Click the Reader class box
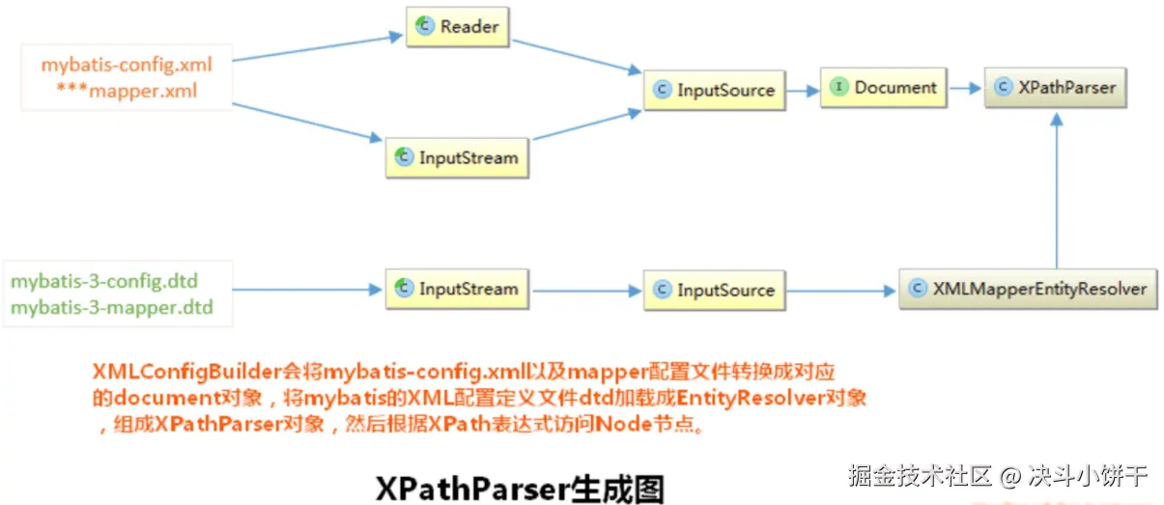pos(457,26)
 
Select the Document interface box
pos(884,88)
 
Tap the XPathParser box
pos(1055,88)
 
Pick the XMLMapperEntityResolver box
pos(1028,289)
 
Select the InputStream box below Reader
pos(457,157)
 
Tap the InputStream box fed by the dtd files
pos(457,289)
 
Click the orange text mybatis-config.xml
pos(126,66)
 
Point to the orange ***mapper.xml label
pos(127,91)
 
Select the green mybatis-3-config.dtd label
pos(104,283)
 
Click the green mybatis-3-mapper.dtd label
pos(112,309)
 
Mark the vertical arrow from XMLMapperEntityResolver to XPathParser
pos(1058,193)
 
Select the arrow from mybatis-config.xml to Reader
pos(319,47)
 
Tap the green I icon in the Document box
pos(838,88)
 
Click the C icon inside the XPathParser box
pos(1003,88)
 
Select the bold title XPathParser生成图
pos(521,488)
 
